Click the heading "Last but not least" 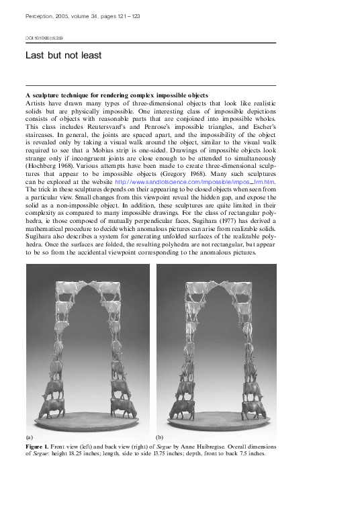(x=63, y=56)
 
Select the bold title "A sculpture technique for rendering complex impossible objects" (x=116, y=95)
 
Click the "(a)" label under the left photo (x=30, y=436)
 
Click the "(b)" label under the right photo (x=160, y=436)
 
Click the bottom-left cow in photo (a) (x=55, y=406)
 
